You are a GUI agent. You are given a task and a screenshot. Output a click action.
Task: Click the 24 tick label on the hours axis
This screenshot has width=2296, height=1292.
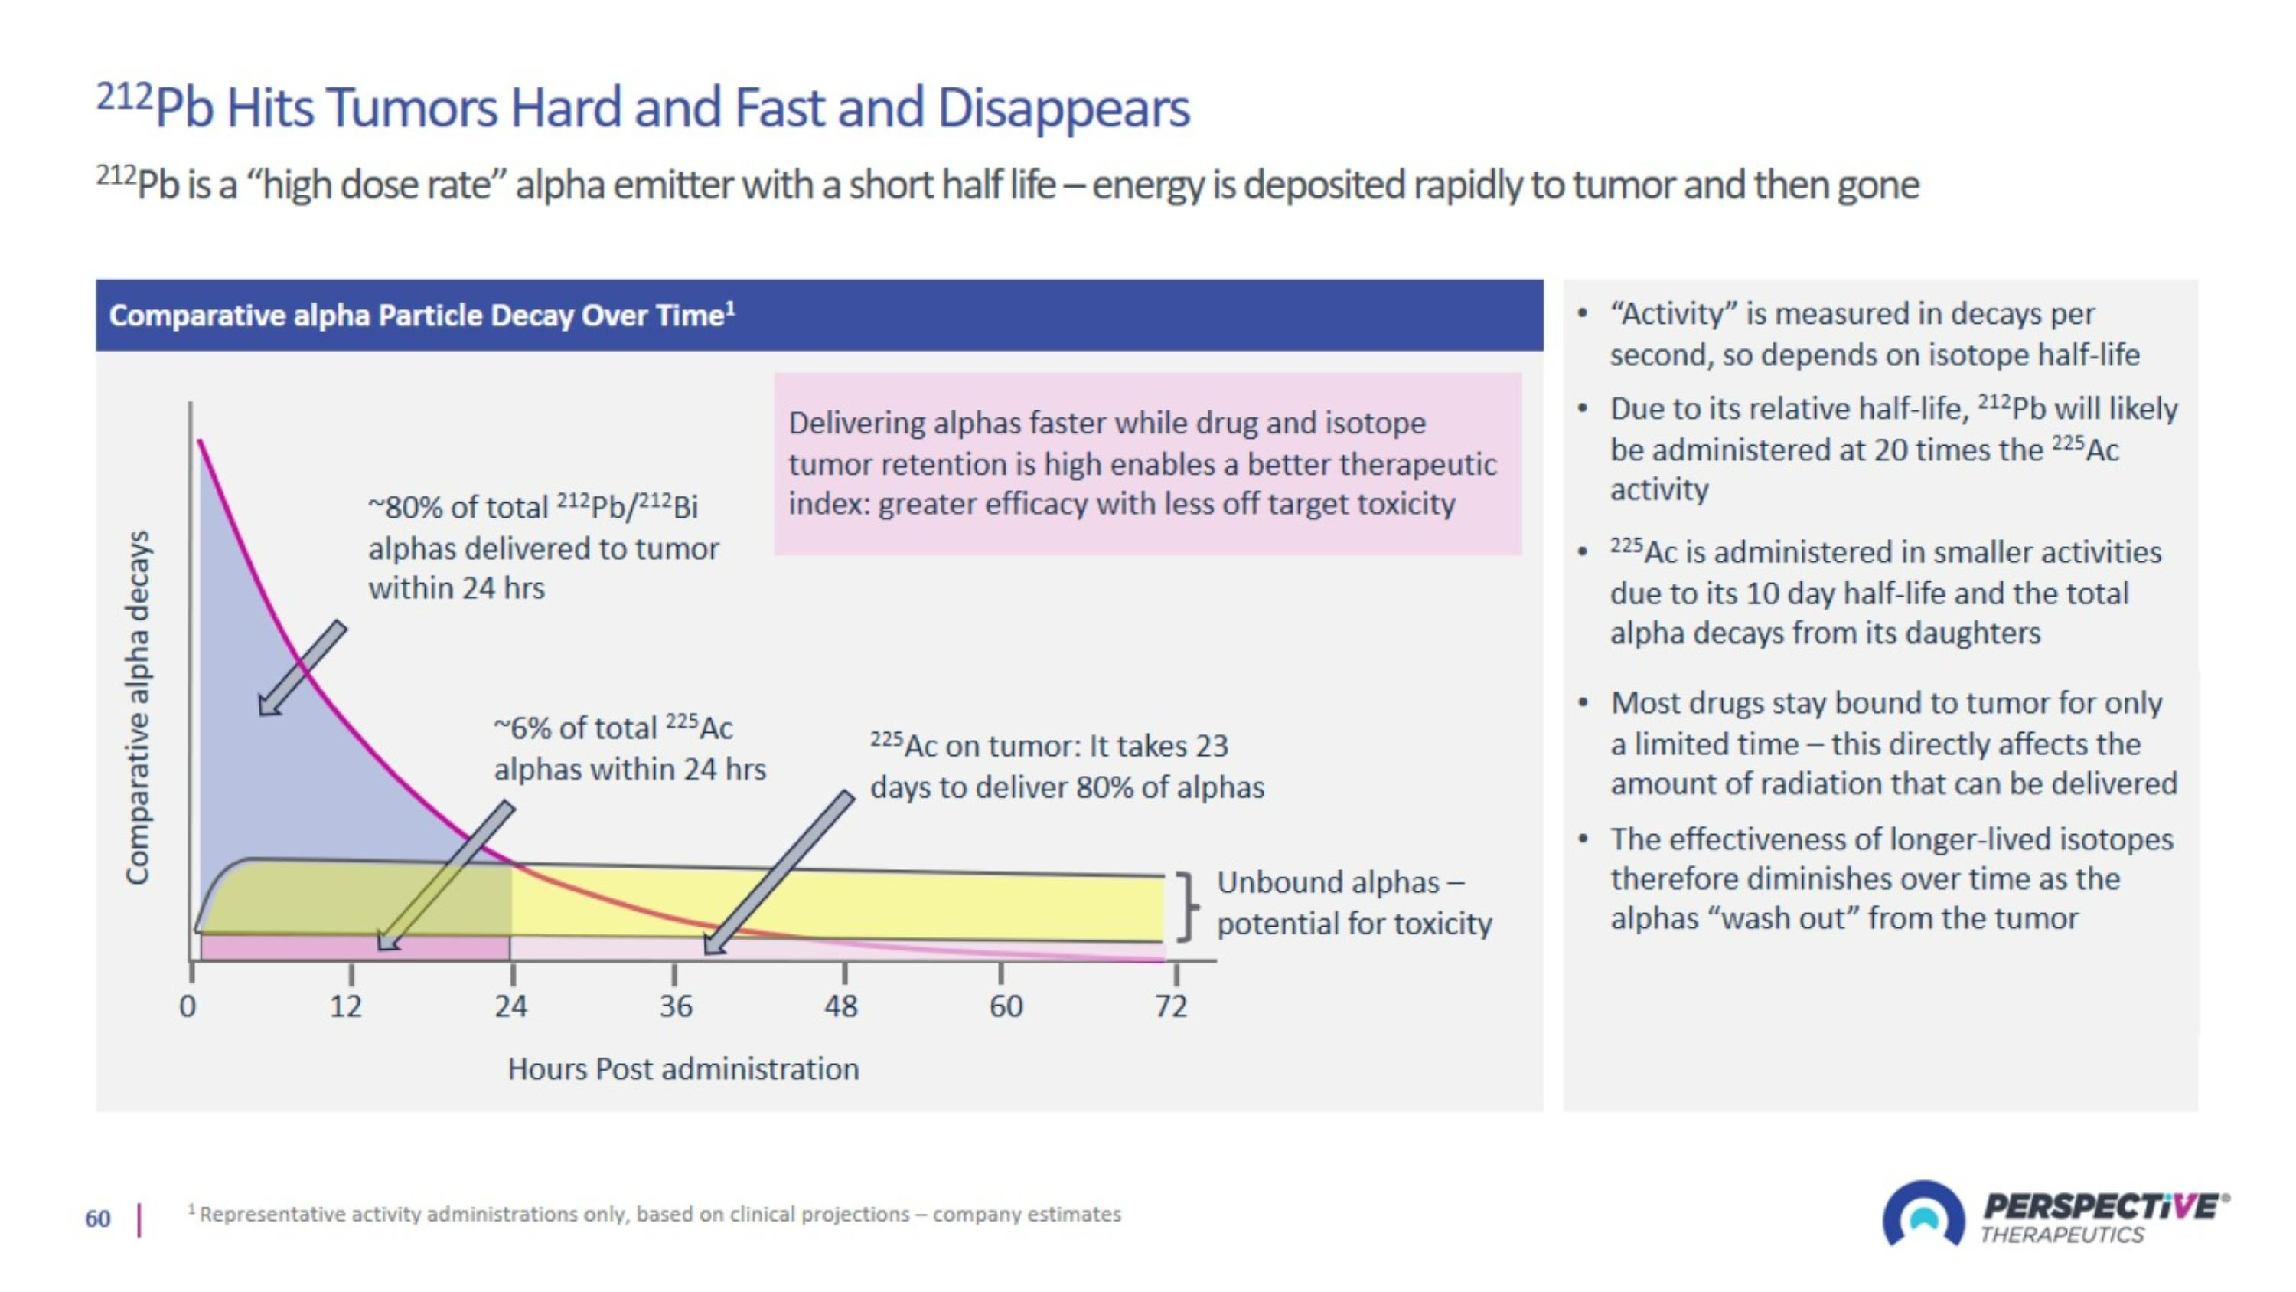click(x=510, y=1006)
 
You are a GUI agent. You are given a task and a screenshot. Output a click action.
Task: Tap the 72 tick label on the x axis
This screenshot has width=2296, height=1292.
click(x=1171, y=1006)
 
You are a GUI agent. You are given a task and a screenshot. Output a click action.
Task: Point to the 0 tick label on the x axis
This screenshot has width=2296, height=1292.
click(x=188, y=1006)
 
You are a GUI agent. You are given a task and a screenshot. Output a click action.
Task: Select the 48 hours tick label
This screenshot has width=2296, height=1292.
click(x=840, y=1006)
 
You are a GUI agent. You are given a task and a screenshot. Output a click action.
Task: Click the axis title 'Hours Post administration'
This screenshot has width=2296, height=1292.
click(x=683, y=1068)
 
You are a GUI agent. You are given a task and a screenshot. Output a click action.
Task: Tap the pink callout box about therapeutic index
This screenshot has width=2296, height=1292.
click(x=1147, y=463)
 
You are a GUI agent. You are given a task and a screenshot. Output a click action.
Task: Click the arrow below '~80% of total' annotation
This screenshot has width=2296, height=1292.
click(x=302, y=668)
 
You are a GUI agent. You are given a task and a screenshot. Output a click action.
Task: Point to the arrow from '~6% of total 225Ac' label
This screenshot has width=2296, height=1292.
click(x=445, y=875)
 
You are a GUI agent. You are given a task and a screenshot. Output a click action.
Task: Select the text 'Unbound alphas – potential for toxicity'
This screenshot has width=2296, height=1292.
click(x=1353, y=902)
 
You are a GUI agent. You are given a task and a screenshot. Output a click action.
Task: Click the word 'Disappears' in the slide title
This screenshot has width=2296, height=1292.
click(x=1062, y=108)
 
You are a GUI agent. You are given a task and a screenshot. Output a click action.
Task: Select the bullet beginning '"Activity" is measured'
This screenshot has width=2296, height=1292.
click(x=1874, y=335)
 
